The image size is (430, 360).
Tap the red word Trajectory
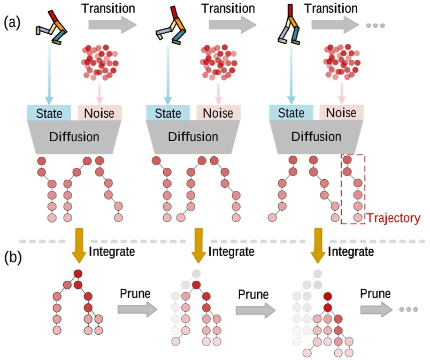394,218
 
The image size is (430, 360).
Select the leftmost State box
49,113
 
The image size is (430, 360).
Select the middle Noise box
218,113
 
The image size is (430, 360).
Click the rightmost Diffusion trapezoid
316,137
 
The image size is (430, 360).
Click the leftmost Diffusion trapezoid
74,137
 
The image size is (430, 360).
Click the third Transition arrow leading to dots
334,24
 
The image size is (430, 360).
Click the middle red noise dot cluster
218,60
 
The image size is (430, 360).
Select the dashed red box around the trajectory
353,188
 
